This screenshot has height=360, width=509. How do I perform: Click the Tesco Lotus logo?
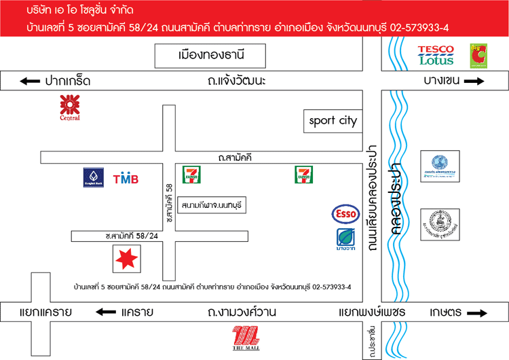click(435, 54)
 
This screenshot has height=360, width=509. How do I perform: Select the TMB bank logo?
click(126, 179)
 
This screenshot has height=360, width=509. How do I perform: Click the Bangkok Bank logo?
click(93, 177)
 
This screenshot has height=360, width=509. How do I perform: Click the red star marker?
click(126, 258)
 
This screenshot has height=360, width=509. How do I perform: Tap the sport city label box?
click(333, 122)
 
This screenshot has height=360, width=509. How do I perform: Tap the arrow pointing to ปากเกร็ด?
click(30, 82)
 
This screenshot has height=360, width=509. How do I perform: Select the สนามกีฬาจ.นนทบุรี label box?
click(212, 204)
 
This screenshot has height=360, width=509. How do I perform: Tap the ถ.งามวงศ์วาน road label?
click(242, 312)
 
